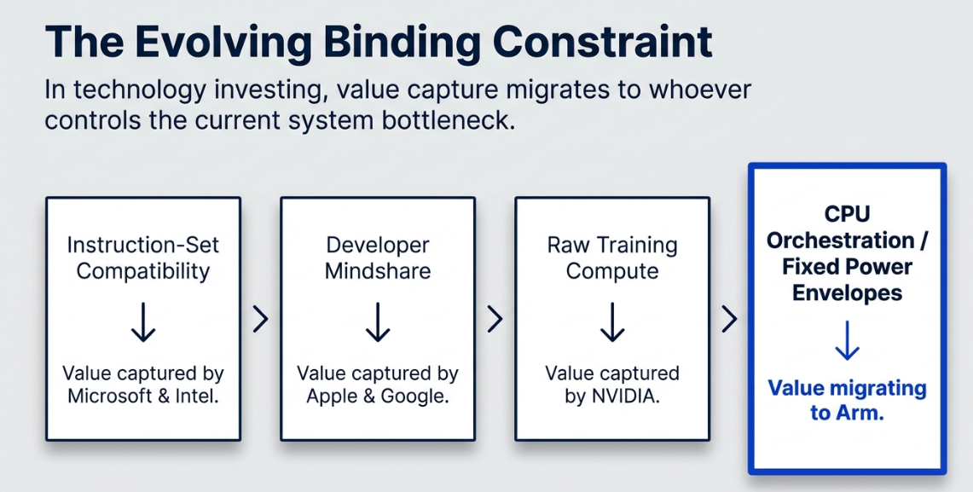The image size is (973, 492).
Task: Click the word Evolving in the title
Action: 223,43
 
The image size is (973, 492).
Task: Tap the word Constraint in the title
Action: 602,42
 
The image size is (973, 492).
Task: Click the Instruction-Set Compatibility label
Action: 142,258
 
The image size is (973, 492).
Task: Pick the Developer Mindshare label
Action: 377,258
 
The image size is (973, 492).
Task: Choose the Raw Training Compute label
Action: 611,258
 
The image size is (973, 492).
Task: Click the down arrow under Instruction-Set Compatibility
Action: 142,322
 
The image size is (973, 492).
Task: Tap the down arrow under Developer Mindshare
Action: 377,322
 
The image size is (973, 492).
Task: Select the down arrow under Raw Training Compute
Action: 611,322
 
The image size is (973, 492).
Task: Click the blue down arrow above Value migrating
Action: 847,340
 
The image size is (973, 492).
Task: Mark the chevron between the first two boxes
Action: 261,319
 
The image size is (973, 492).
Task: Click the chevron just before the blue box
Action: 730,319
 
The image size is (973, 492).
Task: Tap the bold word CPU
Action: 847,214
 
